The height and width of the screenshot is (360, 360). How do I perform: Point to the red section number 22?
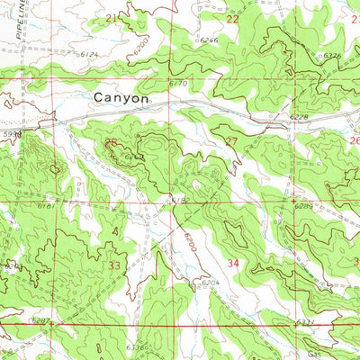point(233,19)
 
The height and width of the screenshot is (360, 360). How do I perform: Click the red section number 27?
point(231,141)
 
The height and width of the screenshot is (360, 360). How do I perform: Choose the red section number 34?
point(234,264)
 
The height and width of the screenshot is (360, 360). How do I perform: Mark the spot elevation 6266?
point(209,40)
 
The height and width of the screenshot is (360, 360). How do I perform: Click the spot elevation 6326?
point(331,56)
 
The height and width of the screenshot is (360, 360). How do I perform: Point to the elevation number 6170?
point(177,84)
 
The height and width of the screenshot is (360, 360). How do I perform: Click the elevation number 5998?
point(11,133)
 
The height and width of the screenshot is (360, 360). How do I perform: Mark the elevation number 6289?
point(304,206)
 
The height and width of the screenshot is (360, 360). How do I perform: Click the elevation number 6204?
point(210,283)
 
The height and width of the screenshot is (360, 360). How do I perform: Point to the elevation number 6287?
point(40,320)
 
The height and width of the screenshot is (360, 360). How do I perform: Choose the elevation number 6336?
point(135,346)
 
